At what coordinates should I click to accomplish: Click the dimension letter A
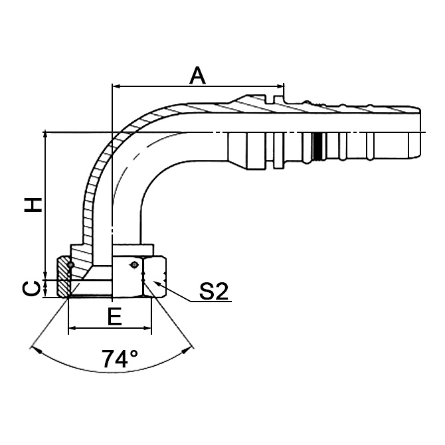197,75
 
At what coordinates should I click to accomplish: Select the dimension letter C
31,288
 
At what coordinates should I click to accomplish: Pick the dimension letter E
114,317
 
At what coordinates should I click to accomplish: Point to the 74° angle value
120,359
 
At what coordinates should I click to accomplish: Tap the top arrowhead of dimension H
45,135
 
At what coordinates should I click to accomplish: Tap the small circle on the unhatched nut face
134,265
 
